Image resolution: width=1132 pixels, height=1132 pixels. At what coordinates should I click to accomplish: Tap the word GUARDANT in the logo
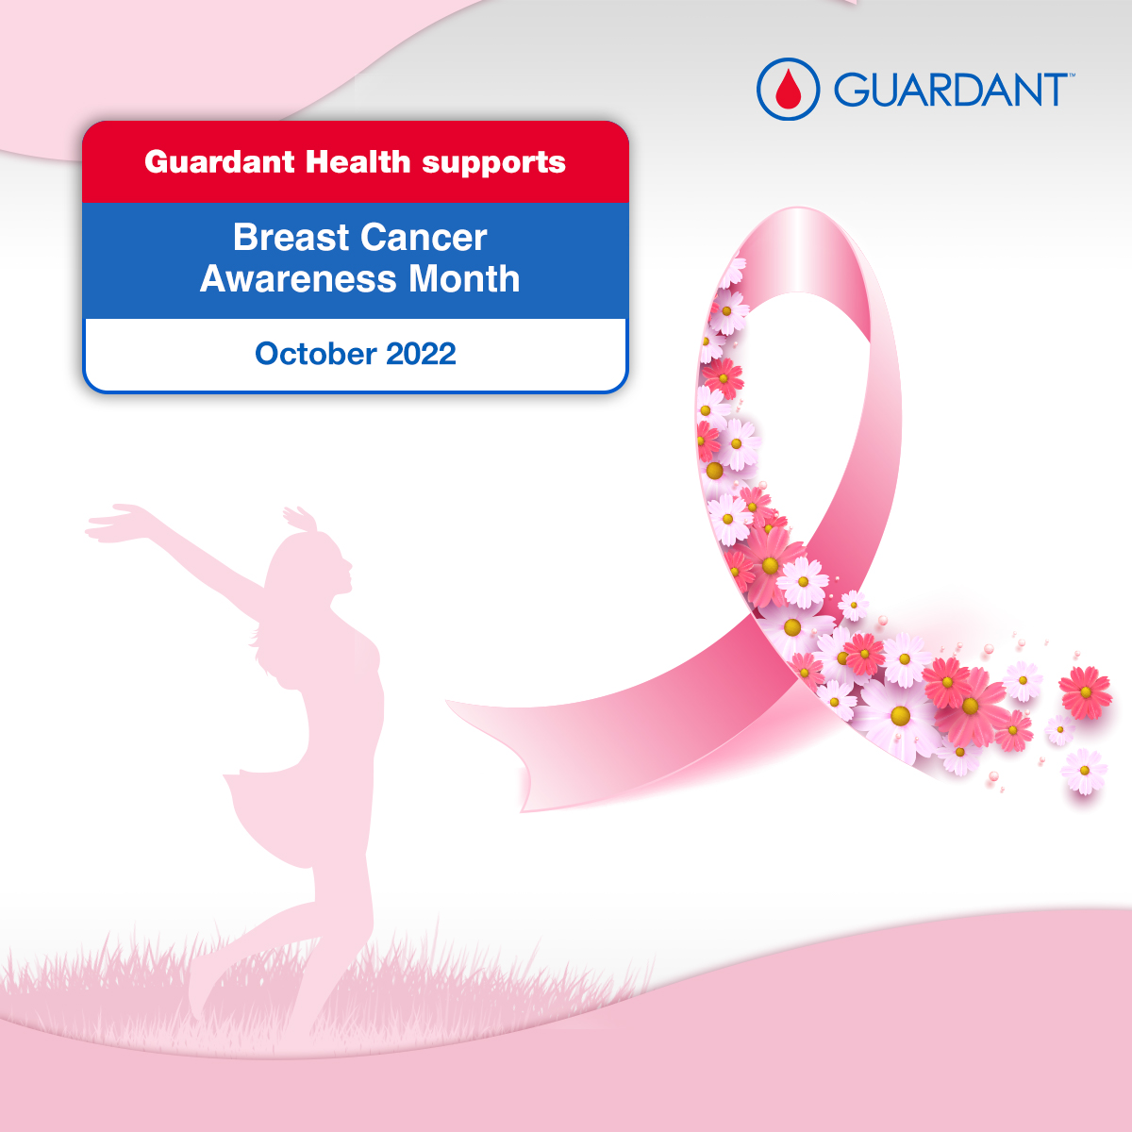pos(948,90)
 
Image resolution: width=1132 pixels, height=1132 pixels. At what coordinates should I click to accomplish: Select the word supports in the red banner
pos(493,163)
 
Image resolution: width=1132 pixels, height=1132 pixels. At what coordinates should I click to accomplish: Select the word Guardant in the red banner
pos(219,162)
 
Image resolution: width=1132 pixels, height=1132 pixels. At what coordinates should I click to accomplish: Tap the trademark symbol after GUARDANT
pos(1070,75)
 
